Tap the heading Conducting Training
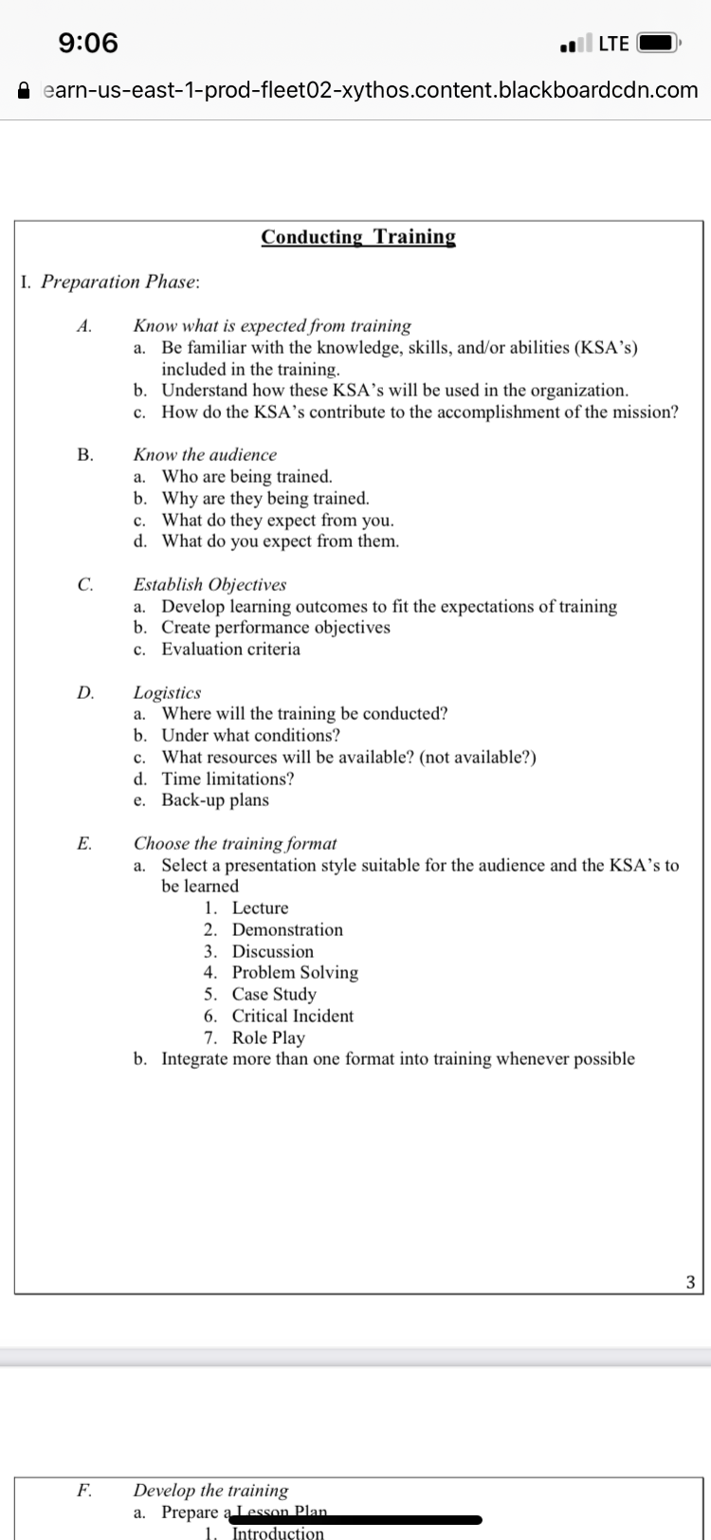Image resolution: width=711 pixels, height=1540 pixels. point(358,237)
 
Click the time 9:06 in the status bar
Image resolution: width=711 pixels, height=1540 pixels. point(88,43)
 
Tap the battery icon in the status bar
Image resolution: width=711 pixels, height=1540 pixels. point(658,44)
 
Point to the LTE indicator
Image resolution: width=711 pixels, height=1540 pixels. point(613,44)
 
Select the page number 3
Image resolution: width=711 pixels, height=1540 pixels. point(689,1282)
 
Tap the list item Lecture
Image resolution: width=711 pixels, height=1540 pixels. point(260,908)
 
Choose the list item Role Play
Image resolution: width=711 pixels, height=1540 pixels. point(268,1037)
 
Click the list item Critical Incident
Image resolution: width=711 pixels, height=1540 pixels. point(292,1016)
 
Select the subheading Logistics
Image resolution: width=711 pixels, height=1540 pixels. point(167,692)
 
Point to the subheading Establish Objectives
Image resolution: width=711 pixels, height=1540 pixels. point(210,584)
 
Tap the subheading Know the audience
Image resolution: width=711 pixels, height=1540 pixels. point(205,455)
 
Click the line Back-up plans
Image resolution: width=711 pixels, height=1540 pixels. point(215,800)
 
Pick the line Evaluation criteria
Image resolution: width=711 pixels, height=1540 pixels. point(230,650)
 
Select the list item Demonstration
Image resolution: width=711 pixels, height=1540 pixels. point(287,930)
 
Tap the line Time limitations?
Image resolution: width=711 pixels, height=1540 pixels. point(228,779)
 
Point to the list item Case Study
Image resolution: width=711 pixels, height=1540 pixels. point(274,994)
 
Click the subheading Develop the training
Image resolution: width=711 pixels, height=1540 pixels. point(210,1490)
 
